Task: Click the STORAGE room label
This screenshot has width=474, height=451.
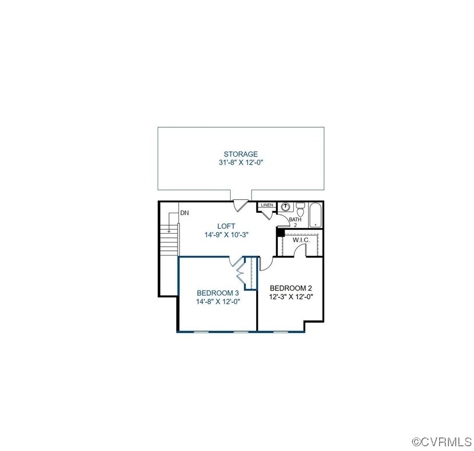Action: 241,154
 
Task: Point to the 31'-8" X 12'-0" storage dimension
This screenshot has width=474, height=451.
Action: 241,163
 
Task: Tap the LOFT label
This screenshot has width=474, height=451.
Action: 226,226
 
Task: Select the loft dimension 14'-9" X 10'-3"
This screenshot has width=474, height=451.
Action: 226,235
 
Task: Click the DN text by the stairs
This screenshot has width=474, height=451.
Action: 184,213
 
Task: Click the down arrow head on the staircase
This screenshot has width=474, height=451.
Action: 169,230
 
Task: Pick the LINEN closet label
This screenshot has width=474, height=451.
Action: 267,205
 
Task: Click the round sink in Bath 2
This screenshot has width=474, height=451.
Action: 285,207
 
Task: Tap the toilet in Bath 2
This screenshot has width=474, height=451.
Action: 300,211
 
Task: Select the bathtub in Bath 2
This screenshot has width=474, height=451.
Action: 315,215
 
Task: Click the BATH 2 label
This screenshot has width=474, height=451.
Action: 295,222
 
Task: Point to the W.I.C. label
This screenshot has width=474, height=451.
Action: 301,240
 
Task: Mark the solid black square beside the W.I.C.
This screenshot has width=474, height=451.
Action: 280,233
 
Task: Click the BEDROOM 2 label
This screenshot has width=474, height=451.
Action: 291,288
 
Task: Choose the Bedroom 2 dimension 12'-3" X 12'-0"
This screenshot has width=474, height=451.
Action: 291,297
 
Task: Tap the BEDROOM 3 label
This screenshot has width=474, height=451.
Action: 218,293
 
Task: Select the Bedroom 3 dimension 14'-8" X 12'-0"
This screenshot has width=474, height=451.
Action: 218,301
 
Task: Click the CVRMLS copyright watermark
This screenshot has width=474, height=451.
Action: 442,443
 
